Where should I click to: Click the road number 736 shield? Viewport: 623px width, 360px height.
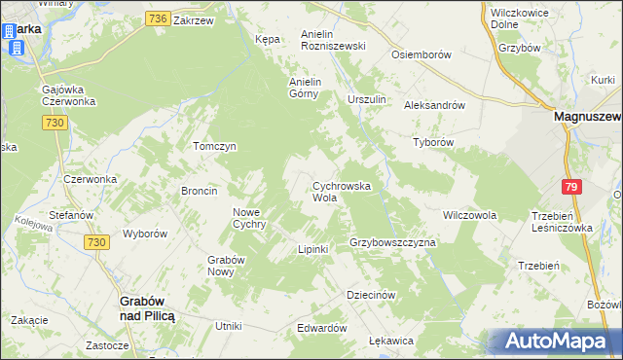tap(159, 18)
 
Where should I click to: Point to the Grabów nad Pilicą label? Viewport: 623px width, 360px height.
tap(146, 309)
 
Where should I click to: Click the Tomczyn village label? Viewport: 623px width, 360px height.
tap(215, 146)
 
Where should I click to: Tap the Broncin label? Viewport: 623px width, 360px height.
tap(199, 191)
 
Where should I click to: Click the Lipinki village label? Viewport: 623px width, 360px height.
tap(312, 249)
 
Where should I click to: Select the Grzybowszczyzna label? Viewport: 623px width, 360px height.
tap(392, 241)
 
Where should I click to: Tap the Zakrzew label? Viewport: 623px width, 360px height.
tap(193, 18)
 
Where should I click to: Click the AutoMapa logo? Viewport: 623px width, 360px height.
tap(554, 341)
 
